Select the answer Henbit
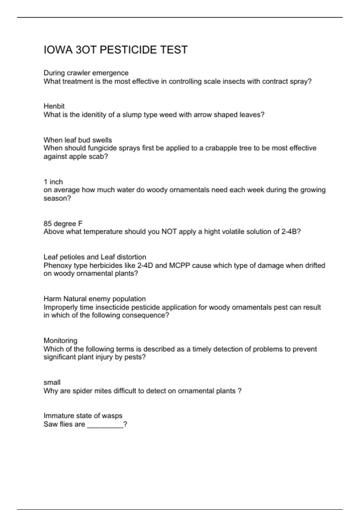[x=54, y=106]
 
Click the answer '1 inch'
[x=53, y=182]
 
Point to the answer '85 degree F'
[x=63, y=223]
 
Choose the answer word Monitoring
[x=60, y=340]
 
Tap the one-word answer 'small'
[x=52, y=382]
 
